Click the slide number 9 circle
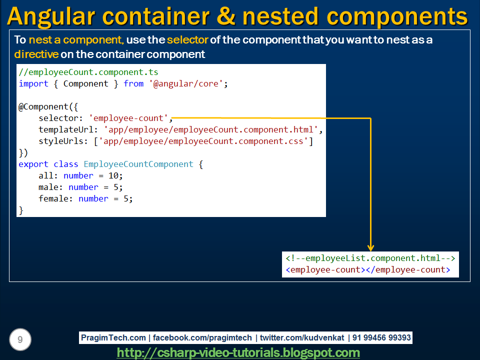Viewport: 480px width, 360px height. (20, 340)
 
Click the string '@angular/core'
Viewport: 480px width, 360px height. (186, 83)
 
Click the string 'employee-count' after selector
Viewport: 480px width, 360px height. (128, 118)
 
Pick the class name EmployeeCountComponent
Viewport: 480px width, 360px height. (138, 164)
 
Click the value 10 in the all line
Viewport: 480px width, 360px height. (113, 175)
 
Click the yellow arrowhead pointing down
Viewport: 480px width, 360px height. (370, 247)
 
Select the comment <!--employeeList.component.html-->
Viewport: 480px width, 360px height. (370, 258)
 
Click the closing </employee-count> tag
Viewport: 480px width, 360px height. (408, 269)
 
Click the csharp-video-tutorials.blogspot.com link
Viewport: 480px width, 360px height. (238, 353)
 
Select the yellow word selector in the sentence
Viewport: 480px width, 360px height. (187, 40)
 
